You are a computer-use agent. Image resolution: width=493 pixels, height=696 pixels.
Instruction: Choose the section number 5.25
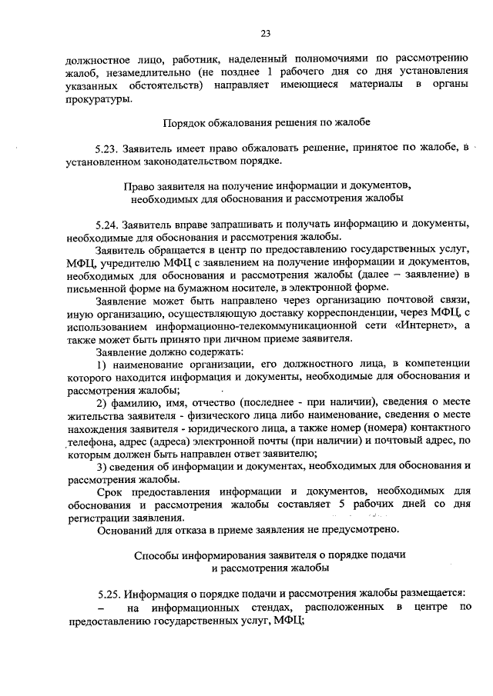pos(110,594)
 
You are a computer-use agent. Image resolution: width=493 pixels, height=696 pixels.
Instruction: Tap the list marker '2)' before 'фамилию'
pos(101,401)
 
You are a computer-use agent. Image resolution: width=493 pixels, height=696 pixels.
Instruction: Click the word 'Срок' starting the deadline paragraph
pos(109,491)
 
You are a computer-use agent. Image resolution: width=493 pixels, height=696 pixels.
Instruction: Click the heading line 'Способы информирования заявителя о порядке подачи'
pos(270,555)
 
